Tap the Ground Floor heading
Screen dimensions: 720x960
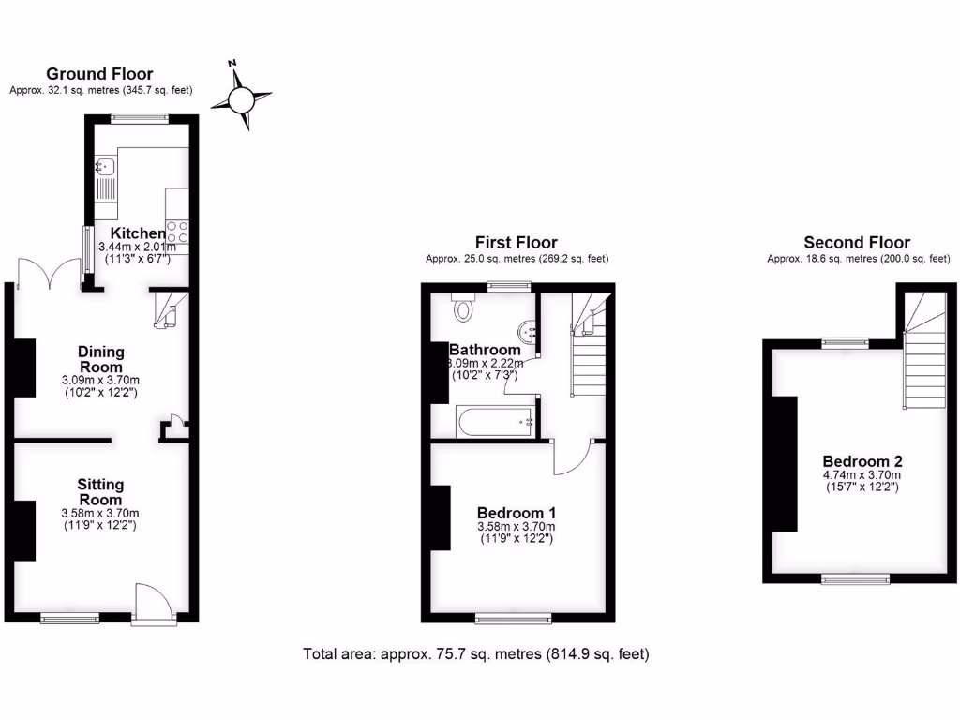click(x=99, y=74)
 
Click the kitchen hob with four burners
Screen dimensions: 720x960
click(x=177, y=231)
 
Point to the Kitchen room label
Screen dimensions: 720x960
click(x=139, y=233)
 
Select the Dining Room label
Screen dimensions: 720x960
click(x=100, y=359)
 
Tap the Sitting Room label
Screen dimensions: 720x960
click(x=100, y=492)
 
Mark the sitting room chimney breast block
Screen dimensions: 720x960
click(x=24, y=531)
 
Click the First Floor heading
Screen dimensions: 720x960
click(x=516, y=243)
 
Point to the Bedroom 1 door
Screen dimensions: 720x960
click(x=570, y=457)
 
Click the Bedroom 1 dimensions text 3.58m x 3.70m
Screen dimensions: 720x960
click(x=517, y=527)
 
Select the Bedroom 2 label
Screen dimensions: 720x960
click(x=862, y=461)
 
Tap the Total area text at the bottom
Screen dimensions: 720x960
click(x=475, y=653)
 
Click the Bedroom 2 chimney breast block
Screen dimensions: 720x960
click(x=784, y=464)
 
